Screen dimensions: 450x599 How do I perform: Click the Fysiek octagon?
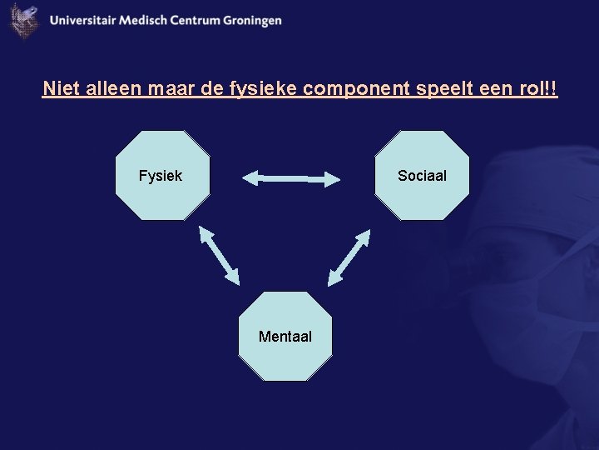click(162, 176)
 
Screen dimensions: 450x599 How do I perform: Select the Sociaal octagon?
click(422, 176)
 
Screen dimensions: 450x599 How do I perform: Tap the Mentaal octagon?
click(285, 337)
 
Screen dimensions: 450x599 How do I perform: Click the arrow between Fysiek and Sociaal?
click(292, 177)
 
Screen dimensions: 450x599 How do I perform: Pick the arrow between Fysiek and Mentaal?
click(219, 255)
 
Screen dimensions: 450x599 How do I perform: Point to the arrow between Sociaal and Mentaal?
click(349, 257)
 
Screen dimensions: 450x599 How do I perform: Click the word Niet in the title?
click(58, 88)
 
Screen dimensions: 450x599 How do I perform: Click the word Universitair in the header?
click(82, 21)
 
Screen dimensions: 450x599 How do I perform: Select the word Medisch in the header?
click(143, 21)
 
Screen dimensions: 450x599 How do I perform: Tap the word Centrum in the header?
click(195, 21)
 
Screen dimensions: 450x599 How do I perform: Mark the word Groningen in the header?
click(252, 21)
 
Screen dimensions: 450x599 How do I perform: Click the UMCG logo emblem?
click(24, 21)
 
